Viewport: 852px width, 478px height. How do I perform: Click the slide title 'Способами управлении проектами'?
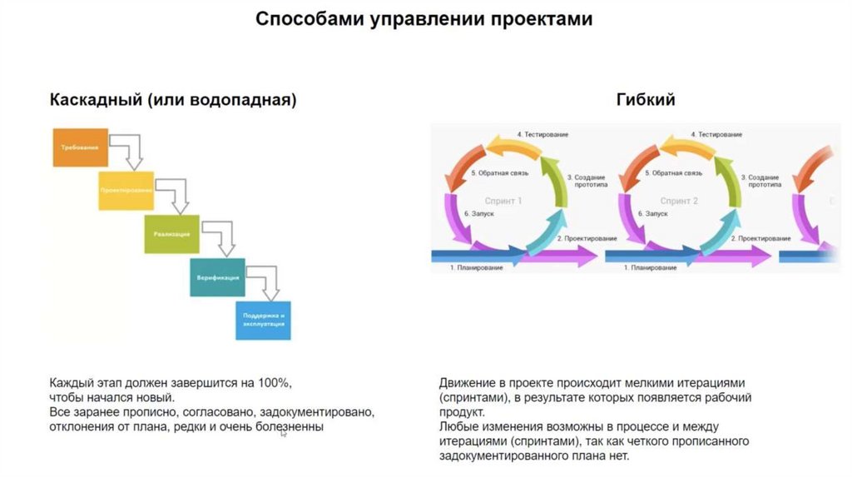click(x=424, y=19)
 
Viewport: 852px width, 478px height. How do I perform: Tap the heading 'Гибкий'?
click(x=646, y=100)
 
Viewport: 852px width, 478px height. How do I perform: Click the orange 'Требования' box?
click(x=80, y=147)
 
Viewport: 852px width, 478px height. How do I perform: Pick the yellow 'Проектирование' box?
click(x=126, y=191)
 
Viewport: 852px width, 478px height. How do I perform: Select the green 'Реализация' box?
click(x=171, y=234)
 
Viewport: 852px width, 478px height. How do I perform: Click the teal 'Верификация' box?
click(x=217, y=277)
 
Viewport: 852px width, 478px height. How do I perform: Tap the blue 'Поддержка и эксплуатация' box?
click(x=263, y=320)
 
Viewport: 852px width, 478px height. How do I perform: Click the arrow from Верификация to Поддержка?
click(x=265, y=281)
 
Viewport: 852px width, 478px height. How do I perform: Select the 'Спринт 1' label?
click(x=503, y=201)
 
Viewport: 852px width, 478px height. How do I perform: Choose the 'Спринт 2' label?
click(x=679, y=201)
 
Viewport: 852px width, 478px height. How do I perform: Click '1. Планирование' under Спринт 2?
click(x=651, y=268)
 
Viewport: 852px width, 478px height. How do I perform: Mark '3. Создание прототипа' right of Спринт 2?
click(x=763, y=182)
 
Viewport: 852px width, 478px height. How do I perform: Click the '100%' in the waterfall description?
click(x=274, y=382)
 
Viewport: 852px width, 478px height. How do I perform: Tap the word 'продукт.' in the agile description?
click(x=460, y=412)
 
